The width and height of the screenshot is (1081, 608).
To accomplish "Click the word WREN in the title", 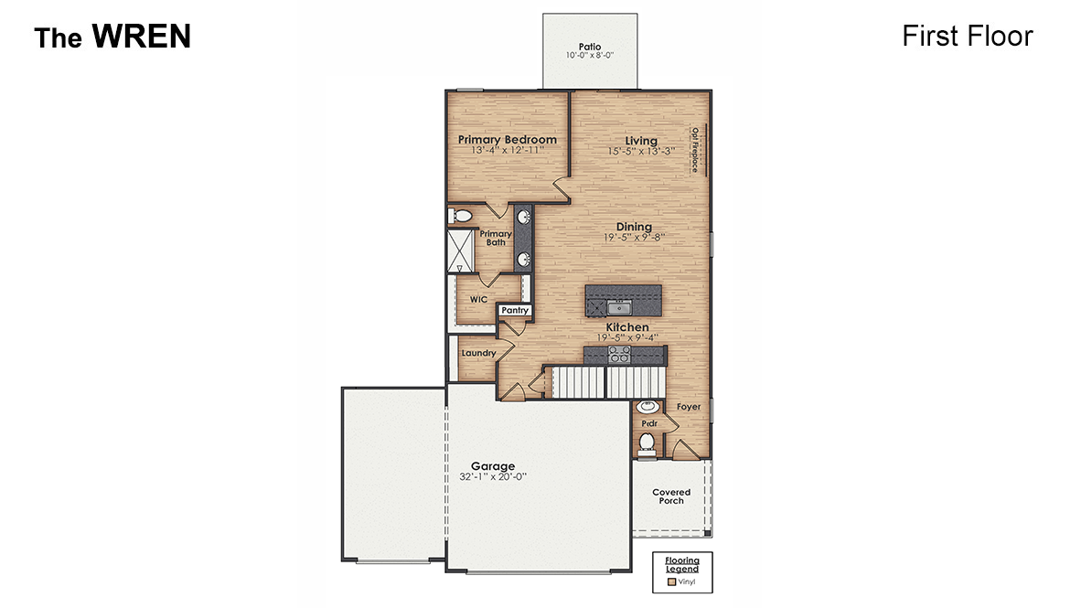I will click(141, 37).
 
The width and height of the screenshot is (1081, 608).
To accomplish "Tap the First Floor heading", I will click(967, 36).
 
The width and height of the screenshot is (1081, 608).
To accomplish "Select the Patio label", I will click(590, 46).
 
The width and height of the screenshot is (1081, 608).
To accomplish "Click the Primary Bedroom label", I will click(507, 140).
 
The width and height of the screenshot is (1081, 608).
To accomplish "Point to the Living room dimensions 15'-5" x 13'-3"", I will click(641, 151).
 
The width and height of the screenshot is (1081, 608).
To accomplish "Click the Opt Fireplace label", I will click(695, 149).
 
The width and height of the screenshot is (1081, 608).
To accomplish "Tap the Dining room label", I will click(634, 227).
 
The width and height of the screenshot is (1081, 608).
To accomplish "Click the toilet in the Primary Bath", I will click(461, 217).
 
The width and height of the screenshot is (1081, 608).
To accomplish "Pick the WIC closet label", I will click(478, 299).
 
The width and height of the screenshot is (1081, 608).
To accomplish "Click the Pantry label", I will click(515, 311).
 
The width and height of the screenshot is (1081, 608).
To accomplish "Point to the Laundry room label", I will click(478, 353).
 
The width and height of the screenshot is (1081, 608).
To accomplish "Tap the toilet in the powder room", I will click(648, 443).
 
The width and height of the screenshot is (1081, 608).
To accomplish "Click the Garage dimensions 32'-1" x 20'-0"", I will click(493, 476).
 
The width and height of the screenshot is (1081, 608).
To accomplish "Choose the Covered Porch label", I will click(671, 496).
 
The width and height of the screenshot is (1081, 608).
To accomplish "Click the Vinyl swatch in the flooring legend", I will click(672, 581).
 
